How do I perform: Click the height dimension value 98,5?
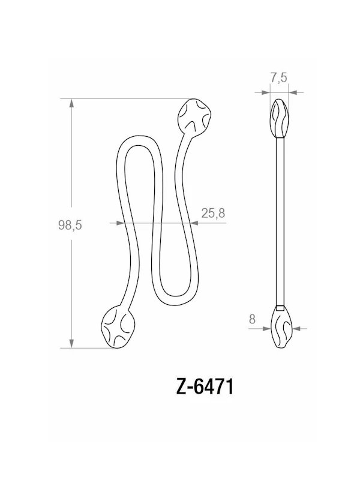point(70,225)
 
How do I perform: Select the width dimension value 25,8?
point(213,213)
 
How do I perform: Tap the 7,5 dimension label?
point(279,77)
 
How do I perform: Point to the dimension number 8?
point(252,320)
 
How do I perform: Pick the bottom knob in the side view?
point(282,328)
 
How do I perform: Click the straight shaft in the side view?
point(280,222)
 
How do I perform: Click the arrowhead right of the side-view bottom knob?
point(296,329)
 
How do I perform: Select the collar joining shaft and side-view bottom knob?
point(280,308)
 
